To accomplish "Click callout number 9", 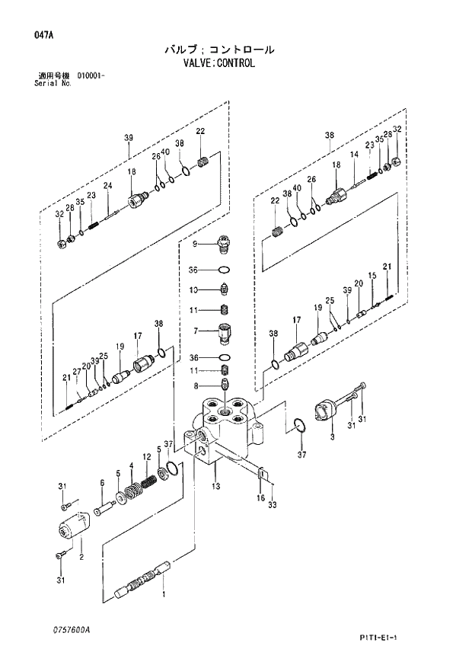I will [x=195, y=244].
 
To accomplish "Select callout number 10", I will [x=194, y=289].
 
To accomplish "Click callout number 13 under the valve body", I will [x=216, y=485].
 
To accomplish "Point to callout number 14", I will [x=353, y=155].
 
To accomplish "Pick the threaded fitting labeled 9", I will [x=224, y=243].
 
